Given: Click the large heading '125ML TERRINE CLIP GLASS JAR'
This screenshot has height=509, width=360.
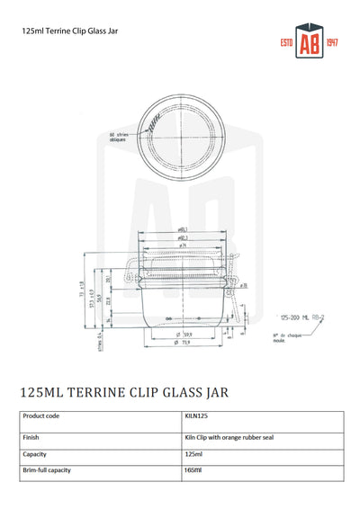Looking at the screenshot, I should pos(123,392).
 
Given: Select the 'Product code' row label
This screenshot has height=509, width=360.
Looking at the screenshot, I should pos(41,416).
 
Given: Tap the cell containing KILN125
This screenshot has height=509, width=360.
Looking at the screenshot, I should pos(195,416).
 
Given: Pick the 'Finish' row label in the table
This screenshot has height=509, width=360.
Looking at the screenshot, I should pos(31,437).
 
